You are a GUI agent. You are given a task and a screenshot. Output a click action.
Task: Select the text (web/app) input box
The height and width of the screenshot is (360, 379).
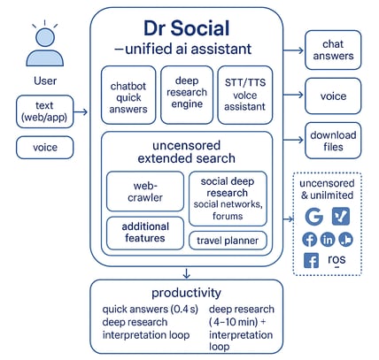point(44,111)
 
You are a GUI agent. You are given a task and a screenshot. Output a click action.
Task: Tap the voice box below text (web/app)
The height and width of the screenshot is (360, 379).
point(44,148)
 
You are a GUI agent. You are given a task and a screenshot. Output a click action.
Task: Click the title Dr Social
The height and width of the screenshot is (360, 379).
point(187,28)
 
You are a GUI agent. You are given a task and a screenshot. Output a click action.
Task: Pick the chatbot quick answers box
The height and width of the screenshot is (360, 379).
point(128,95)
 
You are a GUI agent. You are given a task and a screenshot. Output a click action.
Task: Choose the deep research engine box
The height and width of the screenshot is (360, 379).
point(187,95)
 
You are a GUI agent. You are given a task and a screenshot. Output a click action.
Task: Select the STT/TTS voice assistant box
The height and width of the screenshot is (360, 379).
point(245,95)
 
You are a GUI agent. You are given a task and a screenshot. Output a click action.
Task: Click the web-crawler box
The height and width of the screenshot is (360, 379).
point(145,191)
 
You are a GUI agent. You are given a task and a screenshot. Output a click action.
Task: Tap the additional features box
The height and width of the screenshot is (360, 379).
point(145,233)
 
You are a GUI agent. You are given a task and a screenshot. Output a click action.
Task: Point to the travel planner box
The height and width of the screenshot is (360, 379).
point(228,241)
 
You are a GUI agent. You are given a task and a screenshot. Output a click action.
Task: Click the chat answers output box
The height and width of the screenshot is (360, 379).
point(333,50)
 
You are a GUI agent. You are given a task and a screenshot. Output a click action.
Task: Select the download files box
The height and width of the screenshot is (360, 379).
point(333,141)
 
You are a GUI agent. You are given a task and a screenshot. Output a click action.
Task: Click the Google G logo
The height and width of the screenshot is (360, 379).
point(313,216)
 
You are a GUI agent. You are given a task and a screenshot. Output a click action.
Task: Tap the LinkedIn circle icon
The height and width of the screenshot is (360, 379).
point(328,240)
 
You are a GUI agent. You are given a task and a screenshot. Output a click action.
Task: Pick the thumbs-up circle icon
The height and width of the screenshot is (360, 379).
point(345,240)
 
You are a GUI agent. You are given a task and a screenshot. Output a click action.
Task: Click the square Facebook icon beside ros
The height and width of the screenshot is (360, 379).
point(312,260)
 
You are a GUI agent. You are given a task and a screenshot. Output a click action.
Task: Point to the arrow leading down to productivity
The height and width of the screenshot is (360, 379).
point(186,273)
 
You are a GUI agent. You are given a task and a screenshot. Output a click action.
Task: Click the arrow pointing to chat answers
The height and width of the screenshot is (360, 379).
point(293,50)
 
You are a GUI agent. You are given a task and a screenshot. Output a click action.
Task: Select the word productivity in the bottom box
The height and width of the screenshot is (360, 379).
point(186,293)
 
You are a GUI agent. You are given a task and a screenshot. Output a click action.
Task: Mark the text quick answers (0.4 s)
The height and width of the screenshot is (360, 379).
point(151,309)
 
